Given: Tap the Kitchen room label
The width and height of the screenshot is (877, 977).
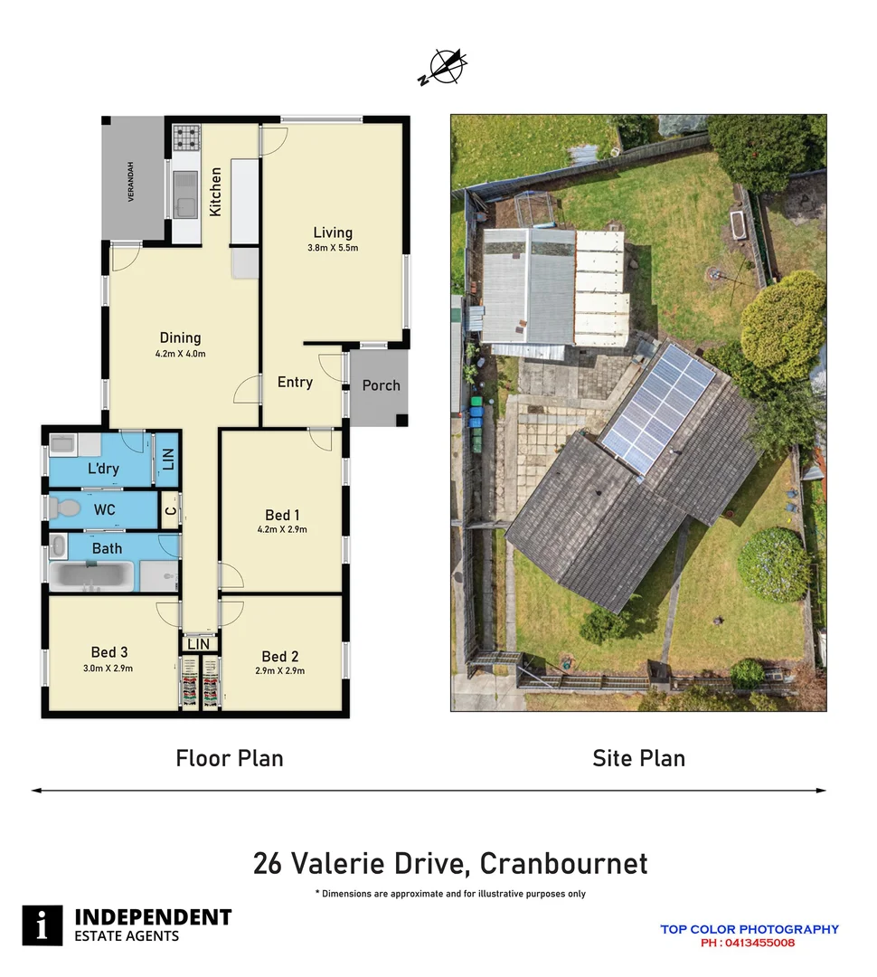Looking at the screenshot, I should click(x=215, y=191).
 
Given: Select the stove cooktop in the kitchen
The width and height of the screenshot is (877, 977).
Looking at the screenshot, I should click(x=186, y=138).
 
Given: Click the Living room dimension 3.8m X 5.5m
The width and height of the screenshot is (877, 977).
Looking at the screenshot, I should click(x=333, y=248).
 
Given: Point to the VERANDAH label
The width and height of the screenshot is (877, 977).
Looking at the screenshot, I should click(x=131, y=181).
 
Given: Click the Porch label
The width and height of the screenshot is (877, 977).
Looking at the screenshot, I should click(x=381, y=385).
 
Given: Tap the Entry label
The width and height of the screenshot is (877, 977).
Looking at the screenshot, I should click(x=295, y=383).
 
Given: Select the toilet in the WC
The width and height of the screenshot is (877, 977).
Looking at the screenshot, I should click(x=61, y=509).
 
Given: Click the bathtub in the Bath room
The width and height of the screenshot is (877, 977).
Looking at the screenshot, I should click(x=90, y=575).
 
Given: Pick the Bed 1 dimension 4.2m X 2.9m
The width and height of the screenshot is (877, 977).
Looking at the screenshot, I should click(x=283, y=530).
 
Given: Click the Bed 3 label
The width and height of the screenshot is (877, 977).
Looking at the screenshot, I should click(x=109, y=652).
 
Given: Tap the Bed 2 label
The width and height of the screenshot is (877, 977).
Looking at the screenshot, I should click(x=280, y=657).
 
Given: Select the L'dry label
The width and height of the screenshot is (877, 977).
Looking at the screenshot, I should click(x=104, y=470).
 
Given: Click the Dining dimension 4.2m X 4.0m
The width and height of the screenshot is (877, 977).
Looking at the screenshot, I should click(x=181, y=354).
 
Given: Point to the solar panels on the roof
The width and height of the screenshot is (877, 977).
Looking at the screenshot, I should click(x=657, y=407).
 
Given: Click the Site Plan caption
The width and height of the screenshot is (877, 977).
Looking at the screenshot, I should click(x=638, y=758).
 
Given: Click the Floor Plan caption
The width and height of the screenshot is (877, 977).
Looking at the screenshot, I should click(x=230, y=758).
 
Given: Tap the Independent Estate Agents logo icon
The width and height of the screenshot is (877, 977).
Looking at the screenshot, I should click(x=42, y=925).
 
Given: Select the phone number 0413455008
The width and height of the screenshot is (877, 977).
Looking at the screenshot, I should click(x=759, y=943).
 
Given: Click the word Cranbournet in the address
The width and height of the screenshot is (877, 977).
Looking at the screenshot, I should click(x=563, y=863).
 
